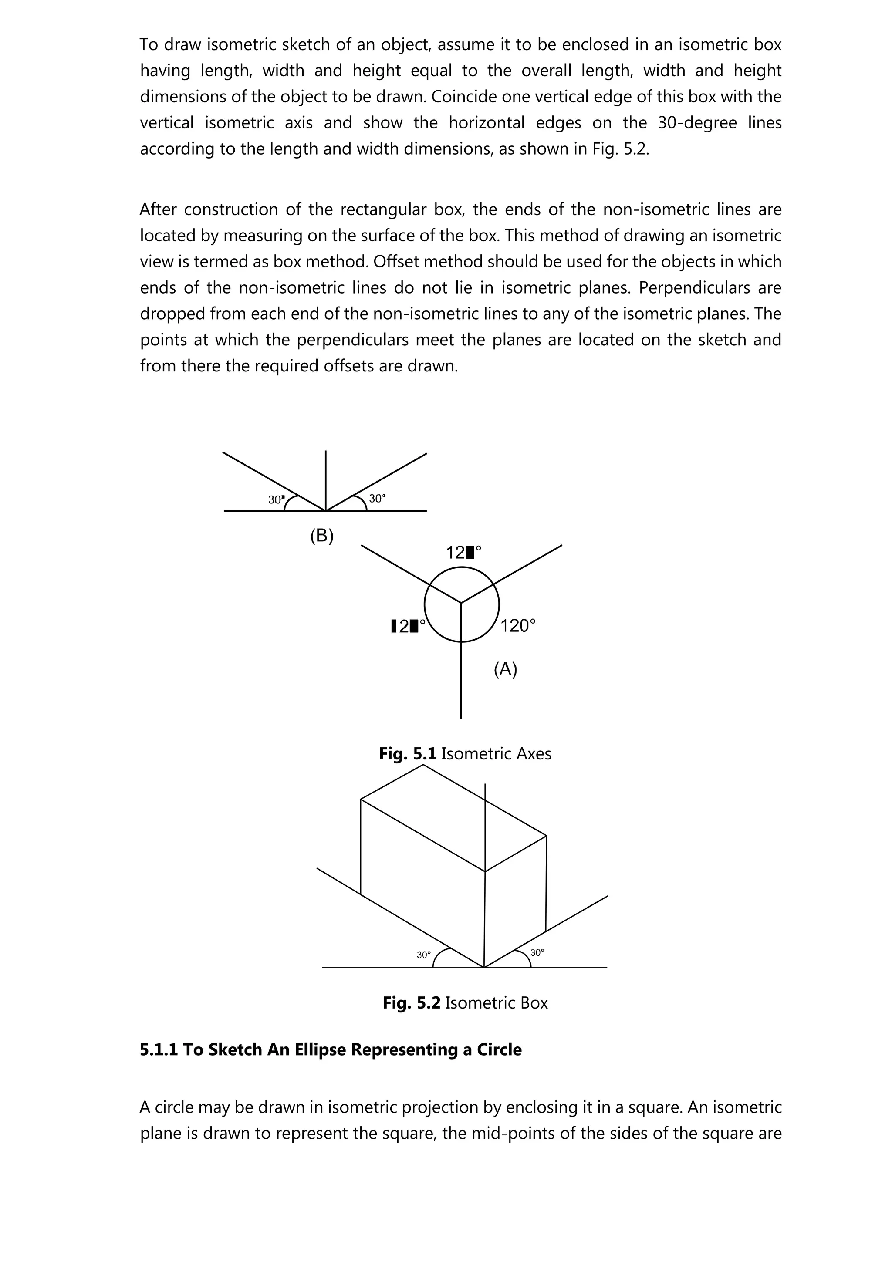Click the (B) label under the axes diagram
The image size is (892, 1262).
[x=322, y=536]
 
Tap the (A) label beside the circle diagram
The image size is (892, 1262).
[x=505, y=669]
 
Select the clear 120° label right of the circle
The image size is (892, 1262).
[x=518, y=625]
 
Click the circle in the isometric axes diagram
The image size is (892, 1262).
[x=462, y=604]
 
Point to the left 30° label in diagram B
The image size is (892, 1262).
[x=276, y=499]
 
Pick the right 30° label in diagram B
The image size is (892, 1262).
[x=377, y=499]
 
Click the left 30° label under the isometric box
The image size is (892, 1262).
[x=424, y=955]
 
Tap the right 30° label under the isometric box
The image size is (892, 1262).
[x=537, y=952]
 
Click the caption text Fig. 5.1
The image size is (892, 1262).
[x=407, y=753]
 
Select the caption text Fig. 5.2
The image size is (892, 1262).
[x=411, y=1003]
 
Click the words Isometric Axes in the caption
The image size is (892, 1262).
[x=496, y=753]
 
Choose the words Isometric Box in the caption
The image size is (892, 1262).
[x=496, y=1003]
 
